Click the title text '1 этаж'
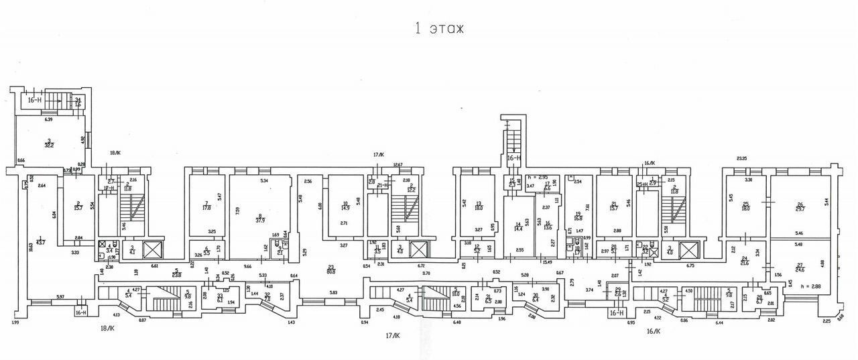click(x=439, y=29)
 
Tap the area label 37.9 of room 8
click(x=259, y=219)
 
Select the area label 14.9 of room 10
click(x=345, y=207)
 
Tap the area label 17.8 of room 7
click(x=206, y=207)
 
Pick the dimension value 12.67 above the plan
click(x=397, y=165)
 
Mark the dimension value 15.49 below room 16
click(x=548, y=261)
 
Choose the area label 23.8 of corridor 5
click(x=176, y=274)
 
